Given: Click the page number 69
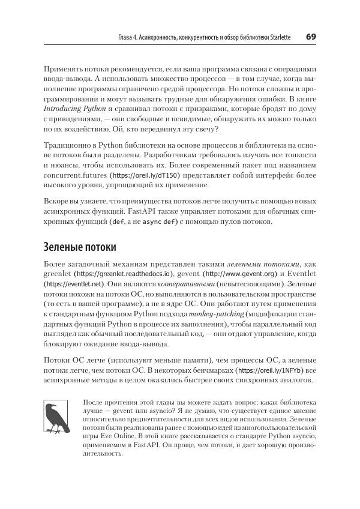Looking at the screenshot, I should pos(311,37).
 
